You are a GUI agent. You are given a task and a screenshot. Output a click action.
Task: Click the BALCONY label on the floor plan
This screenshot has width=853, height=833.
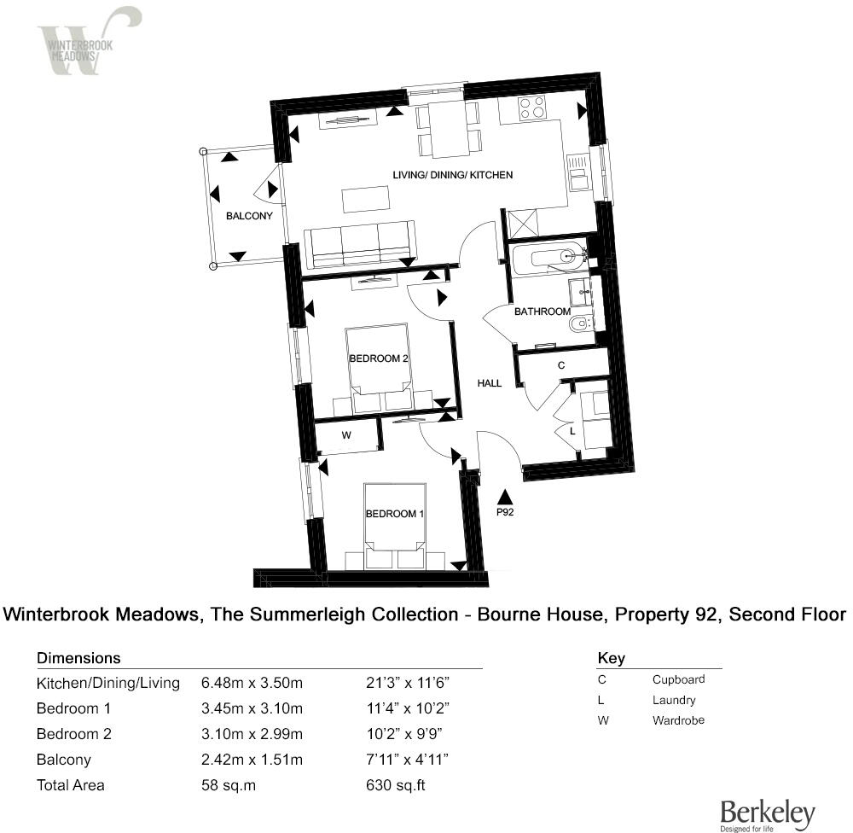[x=249, y=216]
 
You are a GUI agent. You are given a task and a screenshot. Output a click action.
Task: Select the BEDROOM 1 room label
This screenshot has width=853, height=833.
[x=395, y=514]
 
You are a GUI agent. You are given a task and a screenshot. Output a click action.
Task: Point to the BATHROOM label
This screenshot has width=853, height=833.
[x=542, y=312]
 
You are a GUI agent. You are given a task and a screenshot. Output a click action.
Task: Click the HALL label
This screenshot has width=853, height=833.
[x=490, y=383]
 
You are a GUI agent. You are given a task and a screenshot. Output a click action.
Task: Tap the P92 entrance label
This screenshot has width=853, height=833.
[x=505, y=514]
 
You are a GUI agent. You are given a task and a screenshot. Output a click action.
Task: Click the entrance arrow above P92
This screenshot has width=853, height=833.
[x=505, y=496]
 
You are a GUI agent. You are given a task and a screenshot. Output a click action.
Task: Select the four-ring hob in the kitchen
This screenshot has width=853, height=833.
[x=533, y=107]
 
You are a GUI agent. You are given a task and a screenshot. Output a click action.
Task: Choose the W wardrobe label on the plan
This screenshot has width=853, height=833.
[x=347, y=435]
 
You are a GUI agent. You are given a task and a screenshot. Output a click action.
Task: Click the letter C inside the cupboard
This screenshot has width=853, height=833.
[x=560, y=365]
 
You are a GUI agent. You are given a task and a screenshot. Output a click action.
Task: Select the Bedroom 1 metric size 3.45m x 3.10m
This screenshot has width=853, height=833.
[x=252, y=708]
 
